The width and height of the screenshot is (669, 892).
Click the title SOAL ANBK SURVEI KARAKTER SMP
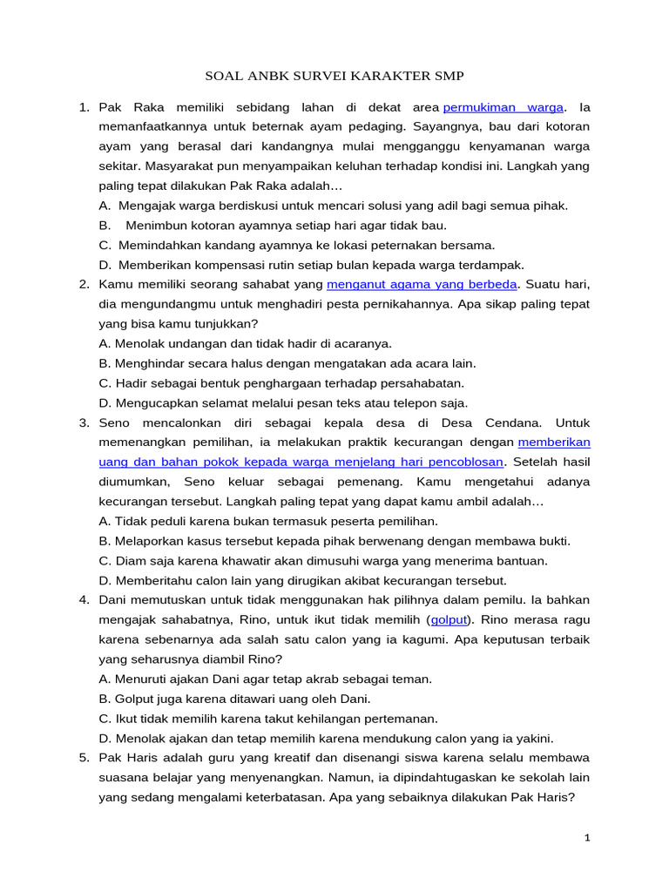coord(334,76)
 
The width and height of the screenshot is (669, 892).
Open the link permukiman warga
coord(504,107)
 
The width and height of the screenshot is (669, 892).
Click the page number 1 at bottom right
coord(587,838)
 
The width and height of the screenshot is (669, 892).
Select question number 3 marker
coord(84,422)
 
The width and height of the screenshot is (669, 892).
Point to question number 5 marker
coord(84,757)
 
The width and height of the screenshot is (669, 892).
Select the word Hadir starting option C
coord(132,382)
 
